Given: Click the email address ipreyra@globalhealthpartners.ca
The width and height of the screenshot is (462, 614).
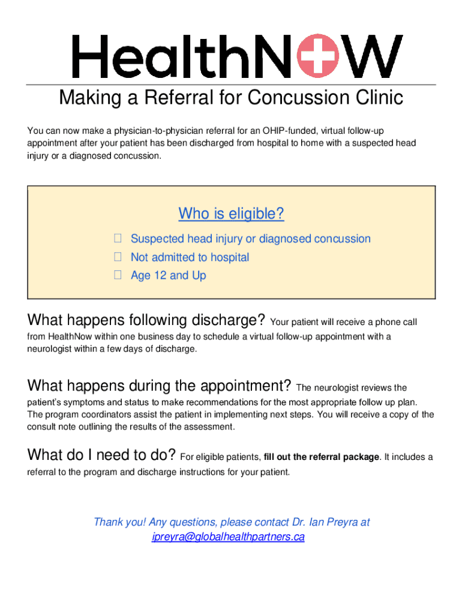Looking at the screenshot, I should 228,537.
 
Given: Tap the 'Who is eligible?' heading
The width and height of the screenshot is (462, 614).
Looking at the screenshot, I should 231,213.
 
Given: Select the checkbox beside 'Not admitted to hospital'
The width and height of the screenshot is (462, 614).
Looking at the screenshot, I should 118,257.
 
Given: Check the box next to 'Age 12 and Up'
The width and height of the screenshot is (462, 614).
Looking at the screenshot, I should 118,275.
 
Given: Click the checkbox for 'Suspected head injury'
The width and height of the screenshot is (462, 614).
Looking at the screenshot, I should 118,239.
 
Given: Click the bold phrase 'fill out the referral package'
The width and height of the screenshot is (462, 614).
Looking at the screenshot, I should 321,457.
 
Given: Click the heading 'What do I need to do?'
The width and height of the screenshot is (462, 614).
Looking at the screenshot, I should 101,455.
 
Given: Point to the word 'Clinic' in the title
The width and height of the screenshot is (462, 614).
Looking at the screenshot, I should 376,97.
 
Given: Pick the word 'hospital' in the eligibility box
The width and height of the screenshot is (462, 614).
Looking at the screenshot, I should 227,257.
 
